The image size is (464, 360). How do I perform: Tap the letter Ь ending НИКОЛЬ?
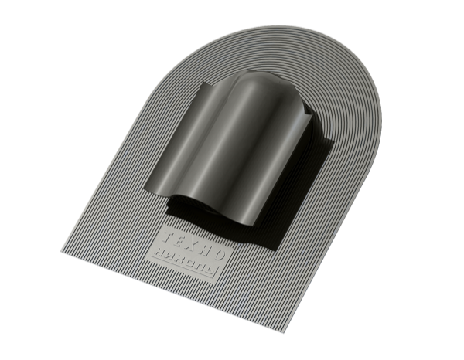(x=212, y=269)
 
